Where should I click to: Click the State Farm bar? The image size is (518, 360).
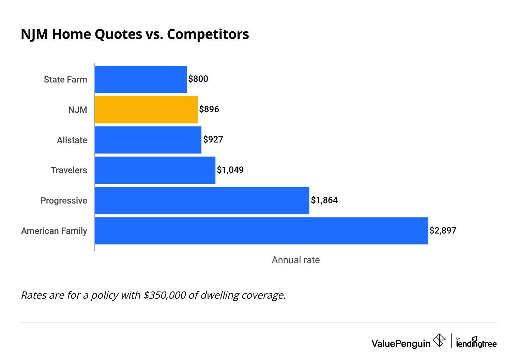click(140, 79)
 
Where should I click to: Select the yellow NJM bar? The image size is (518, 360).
click(146, 109)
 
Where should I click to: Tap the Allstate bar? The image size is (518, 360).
click(148, 140)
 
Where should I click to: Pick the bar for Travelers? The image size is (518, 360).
click(155, 170)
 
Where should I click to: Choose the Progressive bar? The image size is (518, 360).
click(202, 200)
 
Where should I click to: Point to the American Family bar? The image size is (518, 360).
click(261, 231)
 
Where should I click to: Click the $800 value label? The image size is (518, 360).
click(198, 79)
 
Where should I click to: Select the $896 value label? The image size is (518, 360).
click(209, 109)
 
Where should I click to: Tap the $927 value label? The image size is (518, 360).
click(213, 140)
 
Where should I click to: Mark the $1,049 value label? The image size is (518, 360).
click(230, 170)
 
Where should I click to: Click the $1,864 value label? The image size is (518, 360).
click(324, 200)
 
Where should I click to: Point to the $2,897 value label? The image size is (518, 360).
click(443, 231)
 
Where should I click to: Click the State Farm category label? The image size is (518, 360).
click(65, 80)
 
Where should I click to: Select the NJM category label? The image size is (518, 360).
click(78, 110)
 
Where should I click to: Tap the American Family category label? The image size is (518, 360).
click(54, 231)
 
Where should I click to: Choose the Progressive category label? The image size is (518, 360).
click(64, 201)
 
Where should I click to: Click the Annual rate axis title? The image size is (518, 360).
click(295, 260)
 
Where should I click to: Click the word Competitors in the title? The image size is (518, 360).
click(208, 34)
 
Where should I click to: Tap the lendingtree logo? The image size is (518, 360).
click(476, 342)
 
